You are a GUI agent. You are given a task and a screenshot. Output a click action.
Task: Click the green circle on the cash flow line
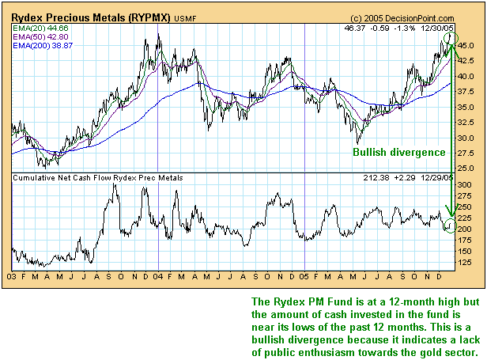pos(450,226)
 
